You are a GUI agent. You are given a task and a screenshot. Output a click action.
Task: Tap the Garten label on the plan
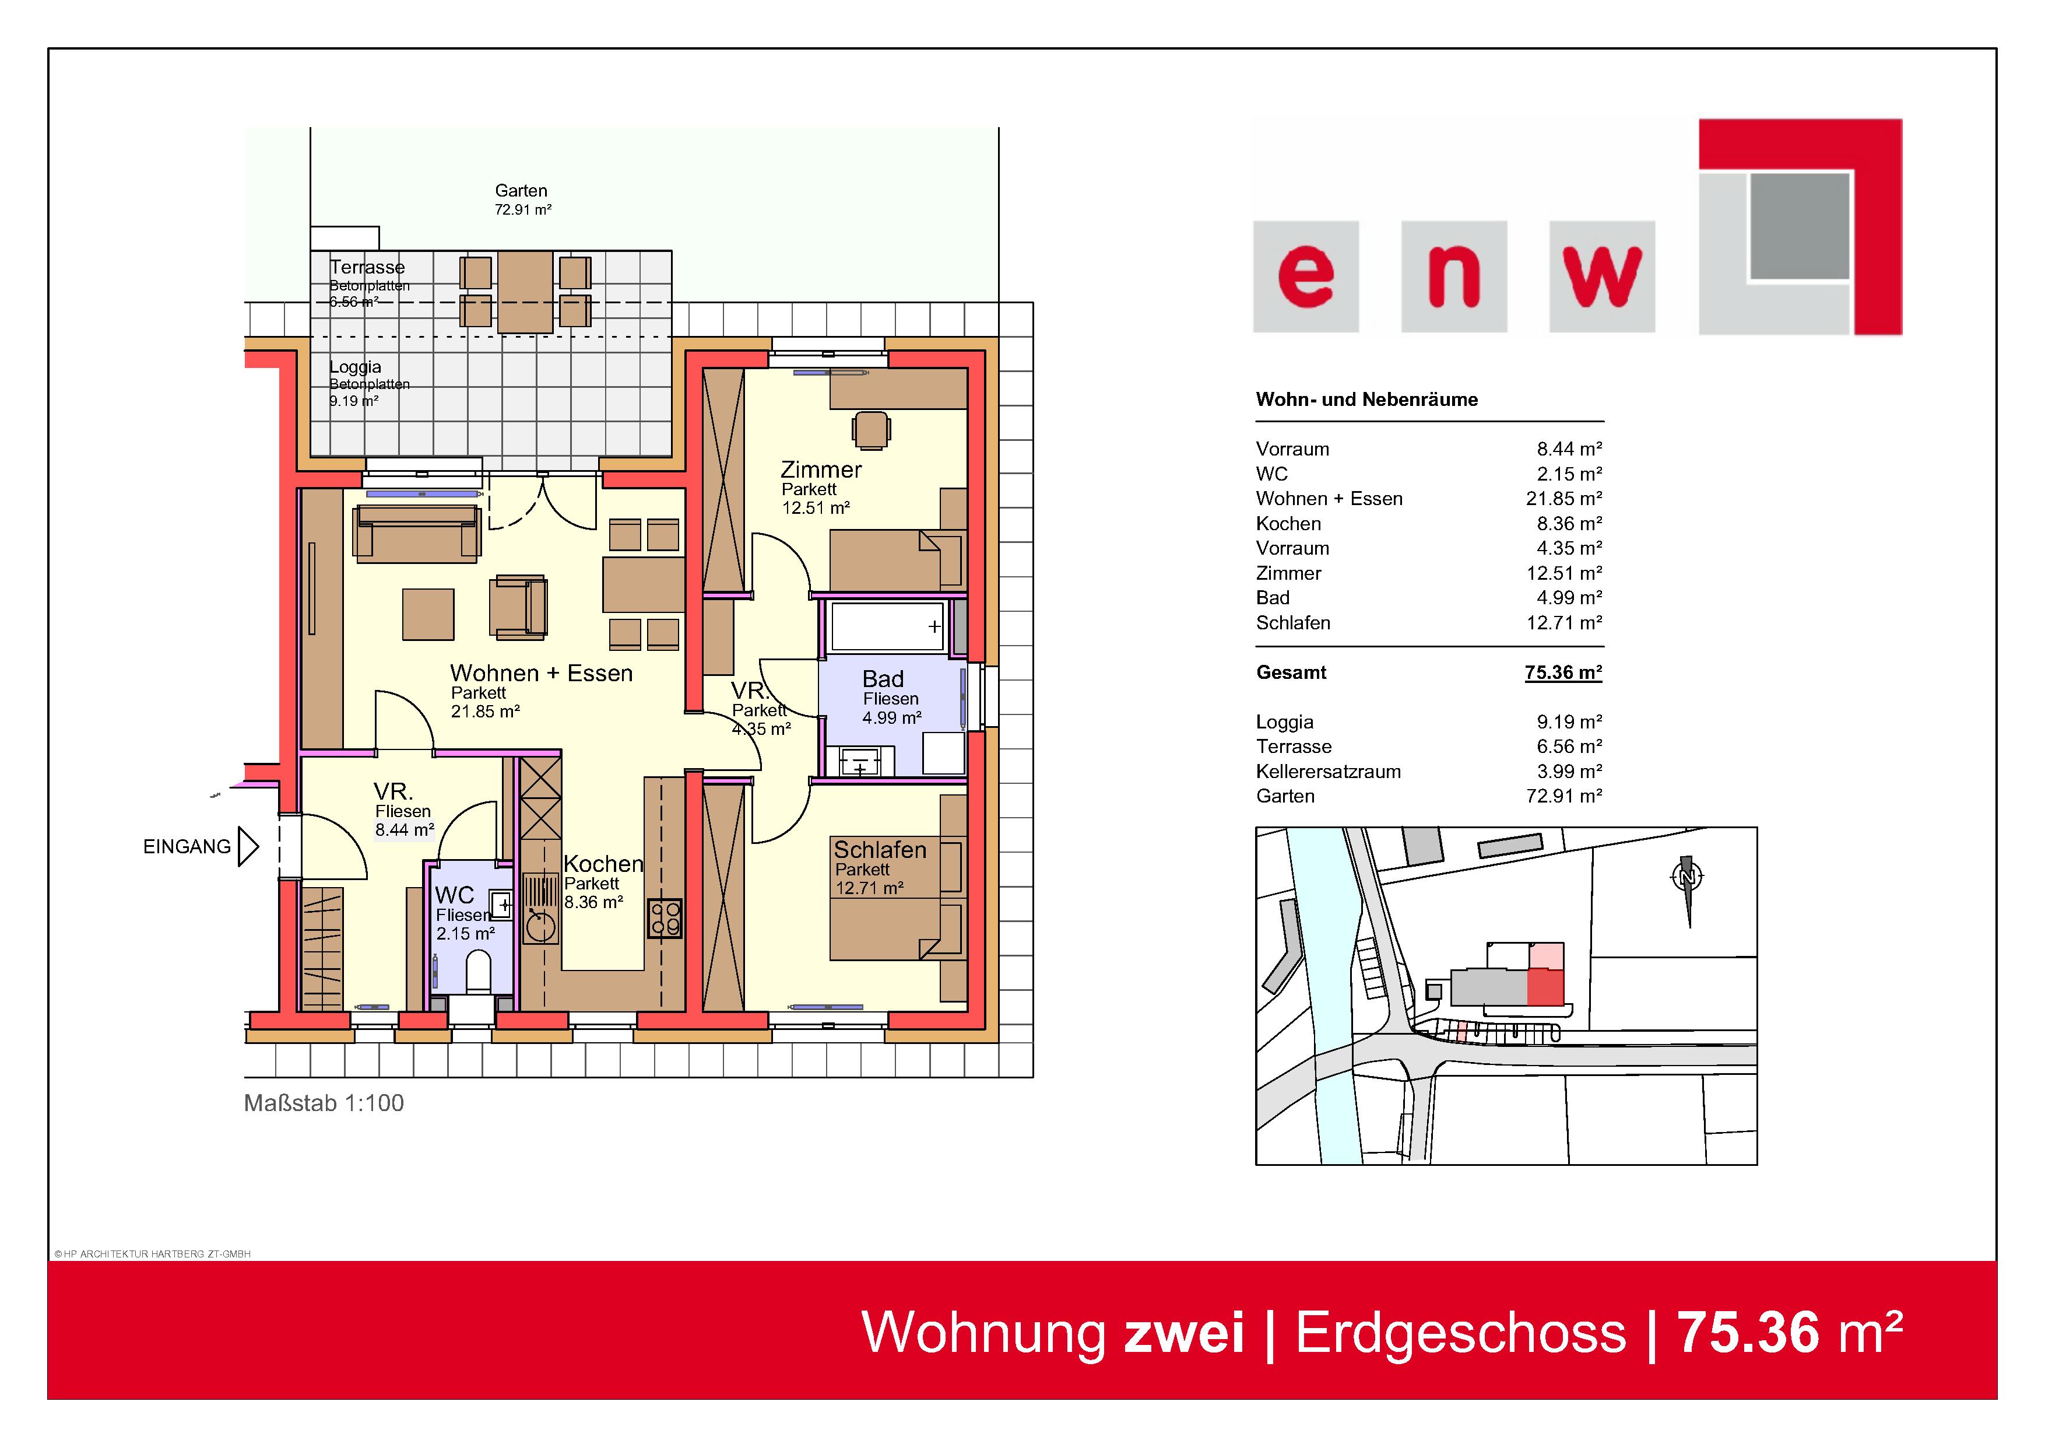click(521, 191)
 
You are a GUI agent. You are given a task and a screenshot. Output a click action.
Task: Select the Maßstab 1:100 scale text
click(324, 1103)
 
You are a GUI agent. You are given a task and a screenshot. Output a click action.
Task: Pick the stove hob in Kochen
click(665, 919)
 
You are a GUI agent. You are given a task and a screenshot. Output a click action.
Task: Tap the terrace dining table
click(525, 292)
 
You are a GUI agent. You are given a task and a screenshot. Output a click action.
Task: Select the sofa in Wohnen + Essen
click(417, 533)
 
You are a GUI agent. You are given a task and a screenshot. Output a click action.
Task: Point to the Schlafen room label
click(880, 850)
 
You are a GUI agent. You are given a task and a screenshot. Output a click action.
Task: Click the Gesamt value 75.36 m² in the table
click(1563, 672)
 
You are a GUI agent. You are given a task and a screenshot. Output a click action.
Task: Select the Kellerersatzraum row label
click(1328, 772)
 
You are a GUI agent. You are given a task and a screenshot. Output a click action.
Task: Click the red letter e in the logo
click(1306, 277)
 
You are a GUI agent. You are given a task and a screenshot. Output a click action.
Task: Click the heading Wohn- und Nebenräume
click(1366, 399)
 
